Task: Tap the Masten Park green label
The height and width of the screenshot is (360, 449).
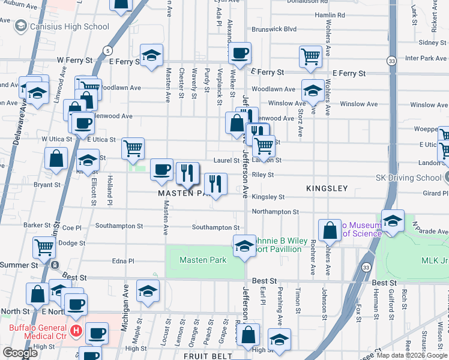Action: [203, 260]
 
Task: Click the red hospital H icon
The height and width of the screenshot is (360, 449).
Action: [76, 330]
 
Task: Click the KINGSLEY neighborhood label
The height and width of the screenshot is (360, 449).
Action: [327, 188]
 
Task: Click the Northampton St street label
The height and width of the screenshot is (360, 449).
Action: [275, 212]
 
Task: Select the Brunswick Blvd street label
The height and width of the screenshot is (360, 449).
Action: [274, 28]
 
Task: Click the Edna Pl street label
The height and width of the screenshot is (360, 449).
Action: [122, 261]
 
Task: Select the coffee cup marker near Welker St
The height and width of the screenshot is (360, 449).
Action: [240, 53]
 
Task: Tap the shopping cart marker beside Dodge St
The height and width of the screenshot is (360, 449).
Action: [44, 246]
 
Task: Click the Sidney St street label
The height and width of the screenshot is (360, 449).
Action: [429, 43]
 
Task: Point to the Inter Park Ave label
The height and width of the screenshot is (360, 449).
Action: [426, 58]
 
